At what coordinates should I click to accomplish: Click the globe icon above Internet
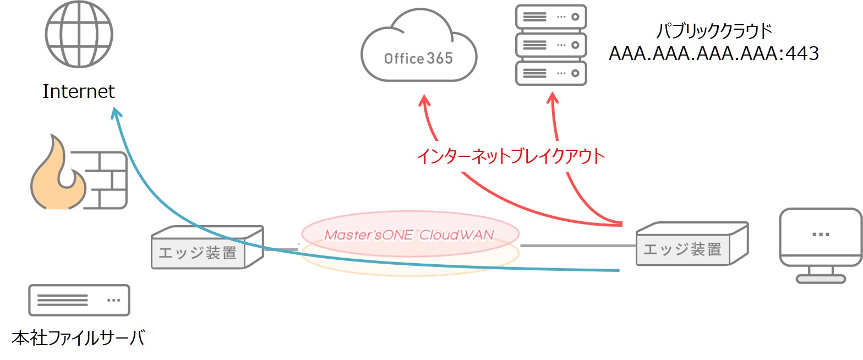click(x=79, y=34)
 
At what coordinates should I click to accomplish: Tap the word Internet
click(x=79, y=91)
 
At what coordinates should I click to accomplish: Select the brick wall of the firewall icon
click(x=108, y=179)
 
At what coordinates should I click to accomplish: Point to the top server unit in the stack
click(x=550, y=17)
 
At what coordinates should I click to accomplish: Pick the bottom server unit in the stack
click(x=550, y=73)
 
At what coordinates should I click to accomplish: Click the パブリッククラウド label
click(x=714, y=31)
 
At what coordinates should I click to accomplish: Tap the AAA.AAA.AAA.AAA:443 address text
click(x=714, y=54)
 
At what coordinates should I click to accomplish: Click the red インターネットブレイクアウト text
click(x=511, y=157)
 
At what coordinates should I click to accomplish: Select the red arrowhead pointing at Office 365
click(x=424, y=101)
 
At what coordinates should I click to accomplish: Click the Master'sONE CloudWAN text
click(x=409, y=234)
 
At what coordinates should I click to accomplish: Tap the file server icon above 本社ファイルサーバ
click(x=79, y=300)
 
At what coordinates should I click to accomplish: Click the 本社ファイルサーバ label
click(x=78, y=337)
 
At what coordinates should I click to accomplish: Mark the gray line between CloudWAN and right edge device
click(x=578, y=246)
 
